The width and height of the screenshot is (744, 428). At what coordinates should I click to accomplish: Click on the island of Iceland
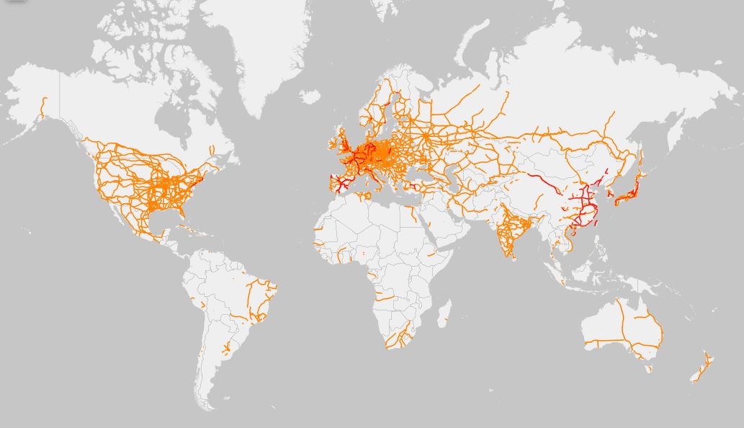click(x=310, y=96)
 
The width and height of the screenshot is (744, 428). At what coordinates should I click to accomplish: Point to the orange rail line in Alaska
click(x=43, y=108)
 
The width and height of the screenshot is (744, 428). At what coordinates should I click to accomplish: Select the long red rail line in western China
click(x=544, y=183)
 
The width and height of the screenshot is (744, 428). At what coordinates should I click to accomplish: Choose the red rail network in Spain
click(x=340, y=185)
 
